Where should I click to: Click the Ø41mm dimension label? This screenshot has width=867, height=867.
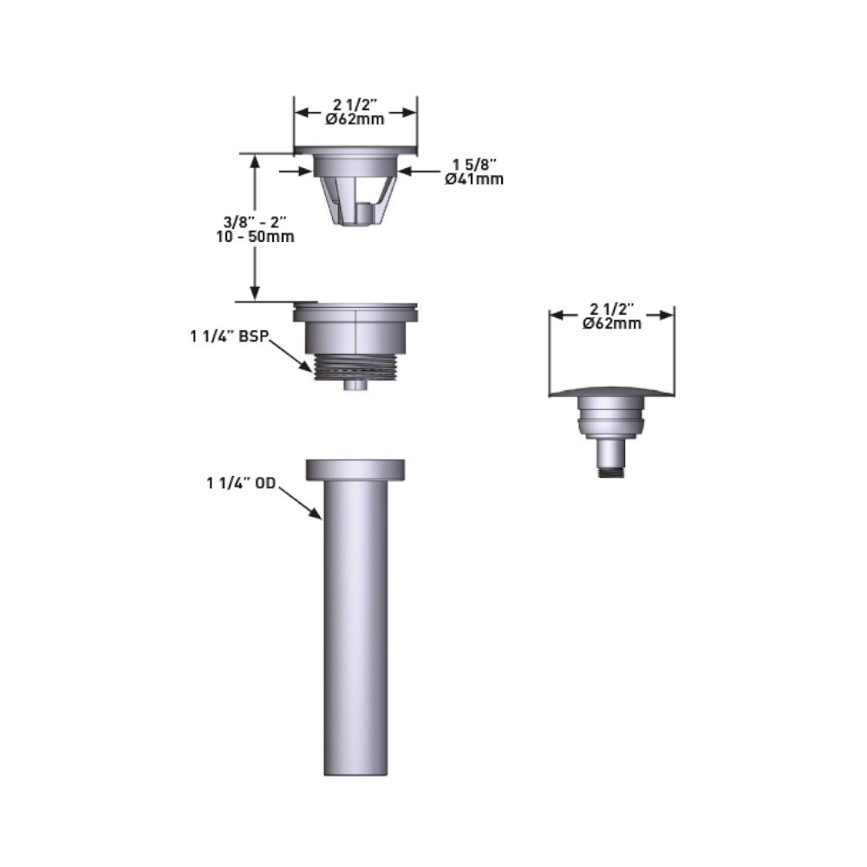click(474, 179)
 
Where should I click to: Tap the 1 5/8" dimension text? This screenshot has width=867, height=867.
click(474, 165)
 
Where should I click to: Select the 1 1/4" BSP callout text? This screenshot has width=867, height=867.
click(230, 336)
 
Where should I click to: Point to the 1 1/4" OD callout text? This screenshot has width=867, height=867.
click(241, 483)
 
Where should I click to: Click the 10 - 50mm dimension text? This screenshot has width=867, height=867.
click(256, 237)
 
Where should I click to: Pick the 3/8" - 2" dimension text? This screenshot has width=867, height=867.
click(255, 222)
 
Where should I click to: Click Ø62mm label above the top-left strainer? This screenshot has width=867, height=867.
click(355, 119)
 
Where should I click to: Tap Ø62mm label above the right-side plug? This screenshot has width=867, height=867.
click(611, 323)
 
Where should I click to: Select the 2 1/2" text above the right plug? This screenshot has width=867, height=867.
click(611, 310)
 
